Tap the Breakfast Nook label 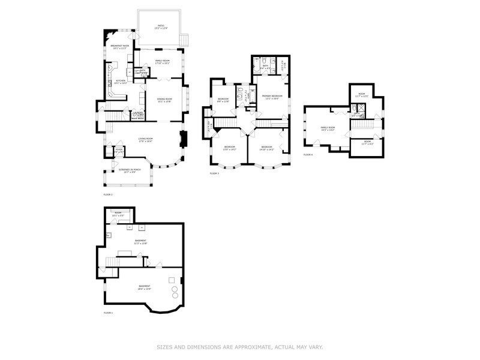point(120,46)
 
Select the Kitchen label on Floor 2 point(121,81)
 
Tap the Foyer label point(119,150)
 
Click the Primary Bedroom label point(272,97)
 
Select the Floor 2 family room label point(163,61)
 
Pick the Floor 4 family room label point(328,128)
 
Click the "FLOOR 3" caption point(214,173)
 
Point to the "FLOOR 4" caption point(308,155)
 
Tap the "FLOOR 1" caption point(108,313)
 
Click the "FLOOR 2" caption point(108,195)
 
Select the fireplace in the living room point(184,140)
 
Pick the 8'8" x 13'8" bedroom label point(223,100)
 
